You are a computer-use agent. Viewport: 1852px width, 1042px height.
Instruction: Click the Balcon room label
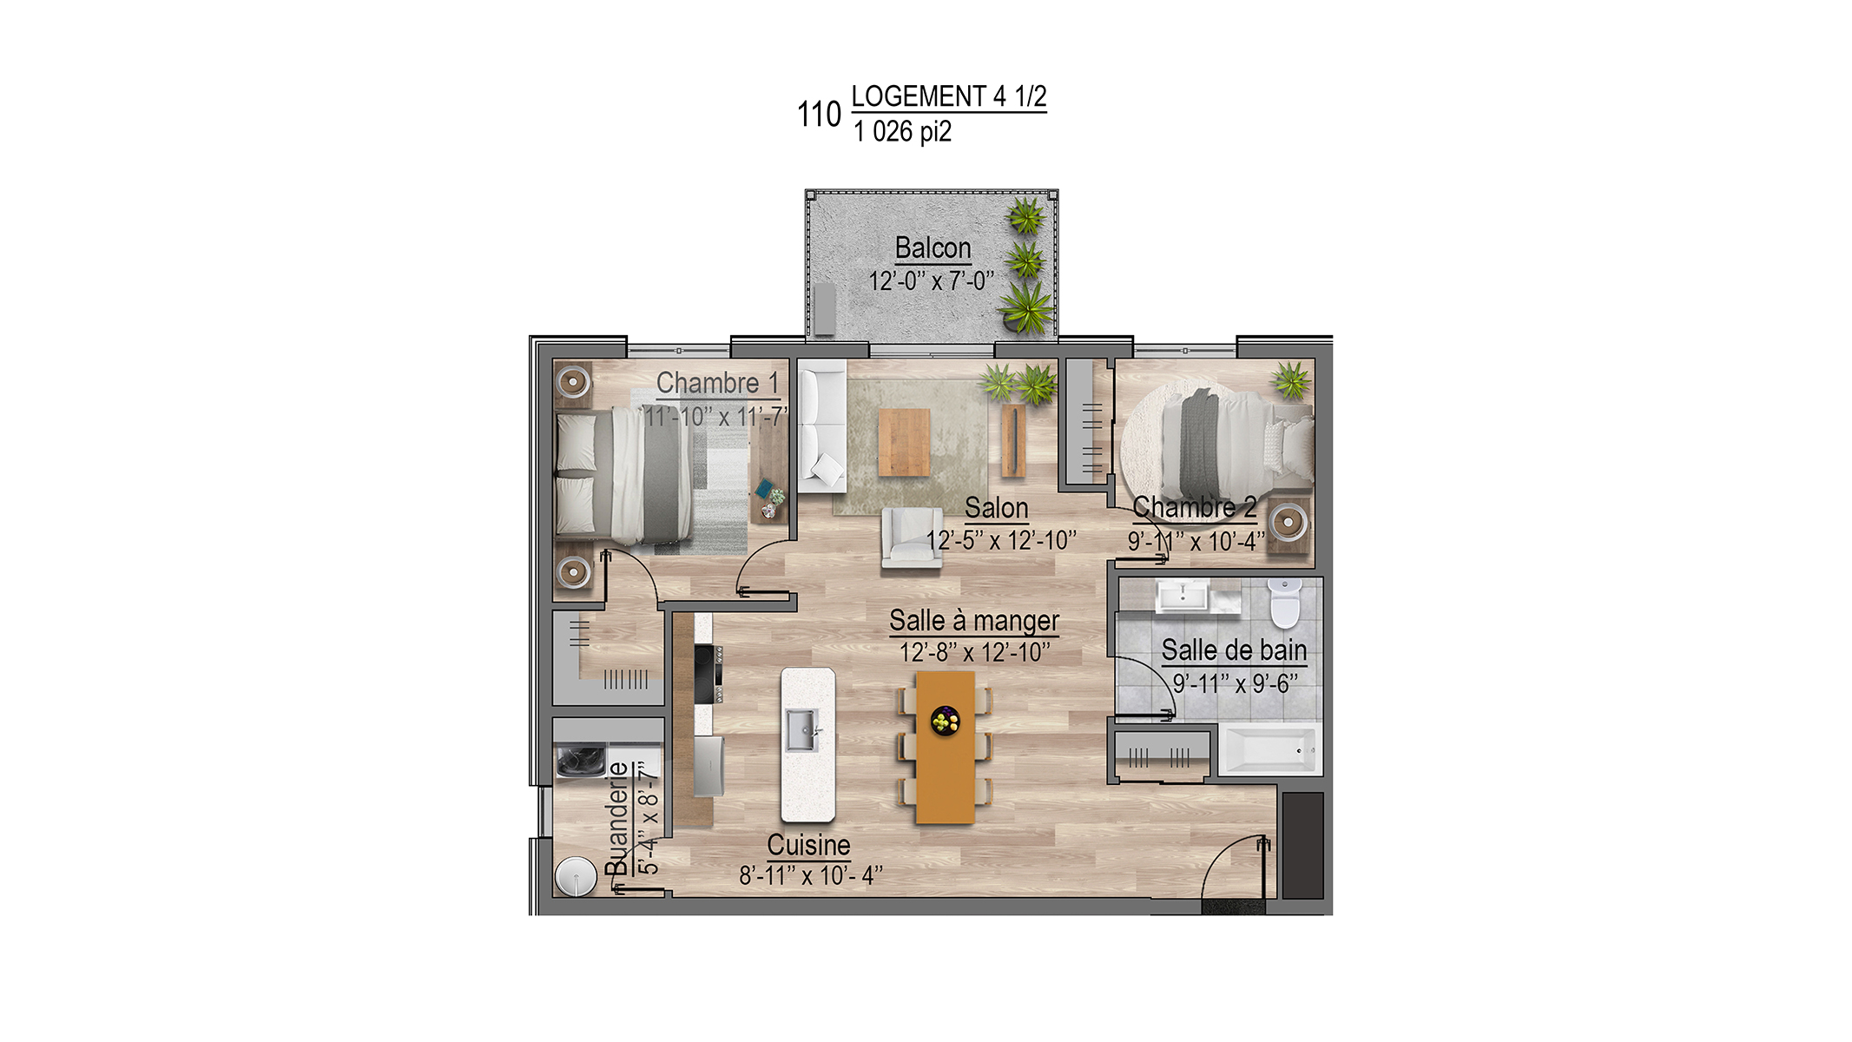[933, 248]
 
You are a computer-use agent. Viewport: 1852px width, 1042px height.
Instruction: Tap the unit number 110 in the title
[819, 115]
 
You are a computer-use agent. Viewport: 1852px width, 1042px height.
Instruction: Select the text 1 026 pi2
[902, 132]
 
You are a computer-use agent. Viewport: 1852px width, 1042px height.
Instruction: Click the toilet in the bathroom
[1284, 603]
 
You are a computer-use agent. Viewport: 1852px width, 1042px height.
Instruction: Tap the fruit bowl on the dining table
[945, 720]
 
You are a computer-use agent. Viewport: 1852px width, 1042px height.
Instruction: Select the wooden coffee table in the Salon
[904, 443]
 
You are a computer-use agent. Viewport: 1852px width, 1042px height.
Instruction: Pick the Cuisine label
[808, 845]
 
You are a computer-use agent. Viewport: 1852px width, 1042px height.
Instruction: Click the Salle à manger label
[974, 621]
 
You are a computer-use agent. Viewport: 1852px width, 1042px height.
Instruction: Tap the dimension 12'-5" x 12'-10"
[1001, 541]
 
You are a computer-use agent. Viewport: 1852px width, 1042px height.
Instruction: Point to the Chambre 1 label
[717, 383]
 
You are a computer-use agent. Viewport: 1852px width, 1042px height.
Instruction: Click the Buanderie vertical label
[616, 818]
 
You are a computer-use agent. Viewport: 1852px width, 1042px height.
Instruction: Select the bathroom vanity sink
[1183, 597]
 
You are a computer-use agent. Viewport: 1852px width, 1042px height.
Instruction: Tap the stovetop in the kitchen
[707, 674]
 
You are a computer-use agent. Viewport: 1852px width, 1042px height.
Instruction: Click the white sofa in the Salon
[821, 426]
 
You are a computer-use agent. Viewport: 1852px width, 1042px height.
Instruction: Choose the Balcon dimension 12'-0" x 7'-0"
[932, 281]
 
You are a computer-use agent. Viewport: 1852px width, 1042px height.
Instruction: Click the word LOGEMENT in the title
[919, 96]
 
